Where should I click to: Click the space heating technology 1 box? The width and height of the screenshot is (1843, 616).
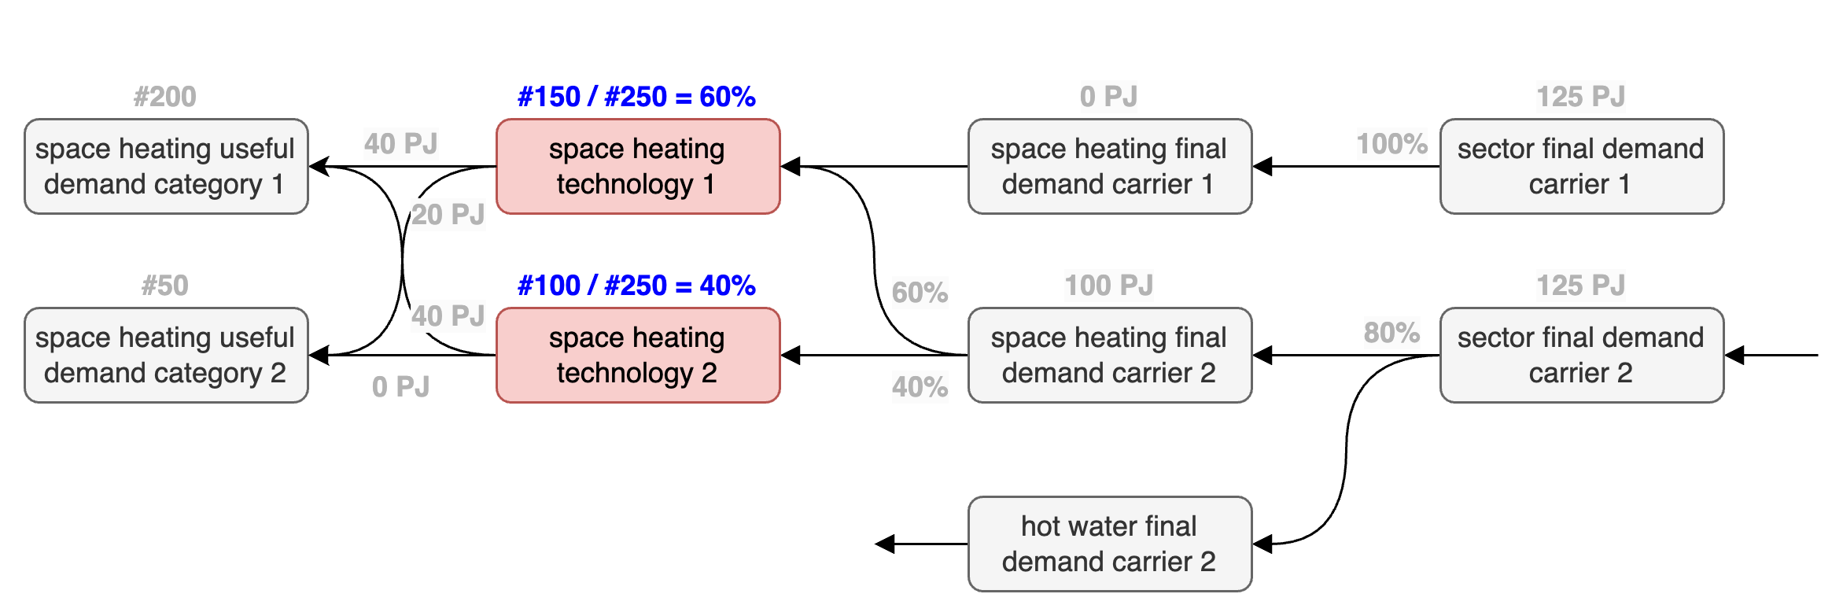click(638, 166)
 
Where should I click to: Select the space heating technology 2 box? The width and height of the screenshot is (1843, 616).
click(638, 355)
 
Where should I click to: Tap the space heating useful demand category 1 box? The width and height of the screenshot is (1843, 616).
click(166, 166)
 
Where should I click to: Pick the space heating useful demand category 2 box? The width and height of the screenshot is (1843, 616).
click(166, 355)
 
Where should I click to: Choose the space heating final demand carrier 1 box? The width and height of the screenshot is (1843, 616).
click(1110, 166)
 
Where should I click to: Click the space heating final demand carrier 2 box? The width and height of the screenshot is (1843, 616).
click(1110, 355)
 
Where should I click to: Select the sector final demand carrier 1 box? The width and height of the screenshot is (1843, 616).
click(1582, 166)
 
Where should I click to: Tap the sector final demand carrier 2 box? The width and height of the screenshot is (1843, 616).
click(1582, 355)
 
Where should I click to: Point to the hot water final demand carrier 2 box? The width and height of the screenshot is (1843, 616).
click(1110, 544)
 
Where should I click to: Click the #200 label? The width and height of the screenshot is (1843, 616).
click(165, 97)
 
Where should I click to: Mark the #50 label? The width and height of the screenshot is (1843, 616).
click(165, 286)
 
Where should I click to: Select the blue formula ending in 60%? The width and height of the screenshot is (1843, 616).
click(636, 97)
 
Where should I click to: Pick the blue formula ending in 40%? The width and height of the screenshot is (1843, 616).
click(636, 286)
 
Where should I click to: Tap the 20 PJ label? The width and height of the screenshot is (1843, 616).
click(448, 215)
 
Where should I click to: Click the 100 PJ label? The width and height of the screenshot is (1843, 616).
click(1109, 286)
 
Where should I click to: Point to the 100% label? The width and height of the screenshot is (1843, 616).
click(1392, 144)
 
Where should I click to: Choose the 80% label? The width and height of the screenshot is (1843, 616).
click(1392, 333)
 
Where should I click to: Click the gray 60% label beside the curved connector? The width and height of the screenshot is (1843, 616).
click(920, 293)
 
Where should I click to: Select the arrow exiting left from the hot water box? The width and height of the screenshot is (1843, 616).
click(922, 544)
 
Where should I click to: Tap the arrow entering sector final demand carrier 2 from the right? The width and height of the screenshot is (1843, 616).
click(1771, 355)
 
